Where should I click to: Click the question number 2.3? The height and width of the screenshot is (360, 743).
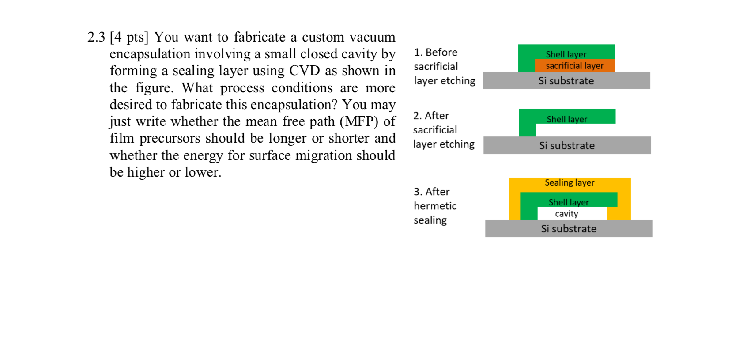coord(96,37)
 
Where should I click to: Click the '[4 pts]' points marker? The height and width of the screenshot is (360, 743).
coord(129,37)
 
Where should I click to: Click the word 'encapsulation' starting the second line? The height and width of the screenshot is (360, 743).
coord(150,54)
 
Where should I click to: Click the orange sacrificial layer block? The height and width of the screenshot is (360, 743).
coord(574,66)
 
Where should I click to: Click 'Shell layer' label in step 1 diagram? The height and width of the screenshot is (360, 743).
coord(566,54)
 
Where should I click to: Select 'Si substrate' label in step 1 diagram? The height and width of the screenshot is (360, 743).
coord(566,81)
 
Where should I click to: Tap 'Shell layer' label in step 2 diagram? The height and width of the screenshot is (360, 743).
coord(567,119)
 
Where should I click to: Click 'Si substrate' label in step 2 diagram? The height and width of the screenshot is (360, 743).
coord(567,146)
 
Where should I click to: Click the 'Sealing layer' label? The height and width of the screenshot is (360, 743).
coord(570,182)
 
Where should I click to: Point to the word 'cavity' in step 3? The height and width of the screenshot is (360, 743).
coord(566,214)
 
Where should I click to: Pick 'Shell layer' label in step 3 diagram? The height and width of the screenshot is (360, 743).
coord(569,202)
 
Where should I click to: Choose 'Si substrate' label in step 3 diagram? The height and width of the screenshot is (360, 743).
coord(569,229)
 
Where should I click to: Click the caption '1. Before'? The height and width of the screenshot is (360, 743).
coord(435,53)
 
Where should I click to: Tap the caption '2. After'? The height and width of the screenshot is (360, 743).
coord(431,116)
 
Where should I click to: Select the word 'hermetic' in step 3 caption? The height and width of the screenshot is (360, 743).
coord(435,206)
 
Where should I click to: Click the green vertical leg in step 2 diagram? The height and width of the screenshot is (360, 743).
coord(527,130)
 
